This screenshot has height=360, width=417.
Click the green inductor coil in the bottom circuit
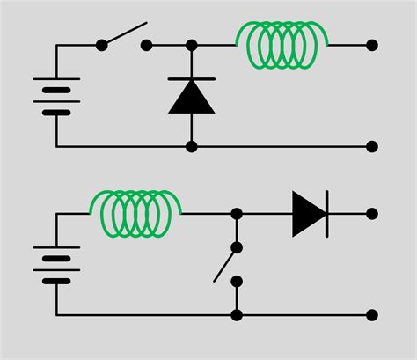click(136, 209)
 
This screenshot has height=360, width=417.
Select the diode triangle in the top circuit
click(191, 97)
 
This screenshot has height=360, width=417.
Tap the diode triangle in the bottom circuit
click(308, 214)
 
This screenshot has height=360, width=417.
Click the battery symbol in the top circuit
click(56, 100)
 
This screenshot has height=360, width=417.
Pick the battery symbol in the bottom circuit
click(56, 264)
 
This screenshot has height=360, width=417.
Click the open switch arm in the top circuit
click(125, 33)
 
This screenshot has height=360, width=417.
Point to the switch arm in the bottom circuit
click(225, 261)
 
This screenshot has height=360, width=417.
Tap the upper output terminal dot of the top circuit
click(372, 45)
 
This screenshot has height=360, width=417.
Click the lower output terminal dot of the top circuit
click(372, 146)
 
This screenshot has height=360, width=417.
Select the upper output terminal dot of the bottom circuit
click(372, 214)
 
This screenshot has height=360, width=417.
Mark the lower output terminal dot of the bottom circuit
click(372, 314)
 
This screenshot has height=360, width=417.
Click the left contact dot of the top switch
click(102, 45)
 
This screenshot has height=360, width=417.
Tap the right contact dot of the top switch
click(147, 45)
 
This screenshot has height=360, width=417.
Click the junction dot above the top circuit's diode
click(192, 45)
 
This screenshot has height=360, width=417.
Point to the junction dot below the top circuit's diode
click(192, 146)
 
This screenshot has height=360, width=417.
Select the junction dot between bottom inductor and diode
click(237, 214)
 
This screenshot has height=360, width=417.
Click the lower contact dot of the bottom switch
click(237, 281)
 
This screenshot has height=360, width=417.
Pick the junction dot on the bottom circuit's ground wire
click(237, 314)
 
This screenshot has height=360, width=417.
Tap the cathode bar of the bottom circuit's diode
click(327, 214)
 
